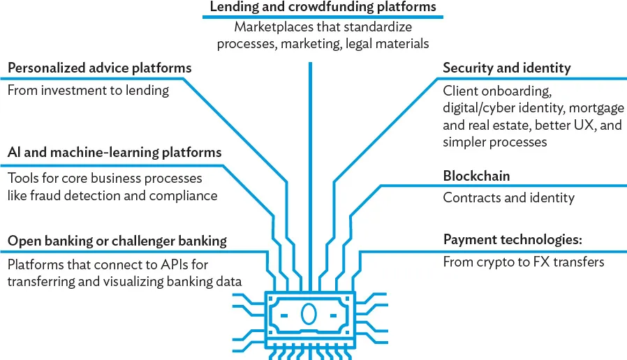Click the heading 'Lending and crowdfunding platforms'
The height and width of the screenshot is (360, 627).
pyautogui.click(x=323, y=7)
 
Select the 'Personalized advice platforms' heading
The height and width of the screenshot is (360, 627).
pyautogui.click(x=99, y=68)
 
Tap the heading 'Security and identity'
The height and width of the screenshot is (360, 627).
pyautogui.click(x=506, y=68)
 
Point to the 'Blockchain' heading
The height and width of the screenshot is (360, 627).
pyautogui.click(x=476, y=176)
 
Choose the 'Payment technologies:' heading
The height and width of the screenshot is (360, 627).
pyautogui.click(x=512, y=240)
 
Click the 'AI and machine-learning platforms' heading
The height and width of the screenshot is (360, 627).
pyautogui.click(x=115, y=152)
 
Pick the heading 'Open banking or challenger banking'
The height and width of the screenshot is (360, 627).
pyautogui.click(x=117, y=241)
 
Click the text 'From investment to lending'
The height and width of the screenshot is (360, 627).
pyautogui.click(x=88, y=90)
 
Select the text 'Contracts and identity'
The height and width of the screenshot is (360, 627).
pyautogui.click(x=508, y=197)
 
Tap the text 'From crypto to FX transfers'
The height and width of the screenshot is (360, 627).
pyautogui.click(x=524, y=262)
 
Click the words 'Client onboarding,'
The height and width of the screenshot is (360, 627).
pyautogui.click(x=497, y=91)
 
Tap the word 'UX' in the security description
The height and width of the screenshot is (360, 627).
pyautogui.click(x=587, y=125)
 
